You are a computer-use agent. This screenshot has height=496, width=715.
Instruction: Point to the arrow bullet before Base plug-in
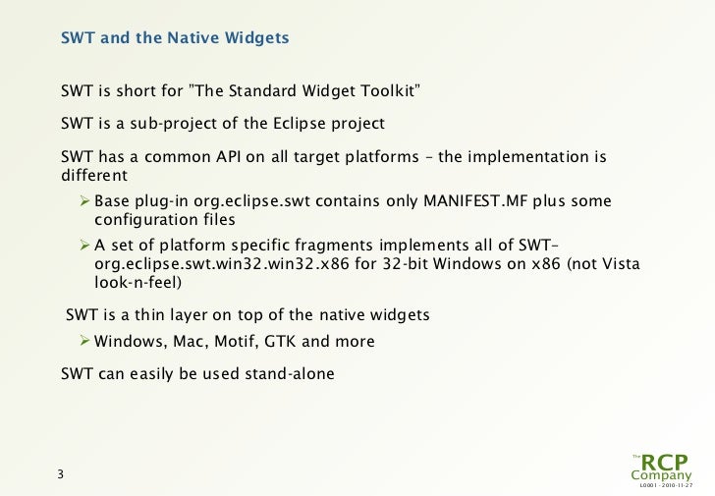point(85,201)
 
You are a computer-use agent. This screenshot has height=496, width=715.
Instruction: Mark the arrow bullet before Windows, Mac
point(85,342)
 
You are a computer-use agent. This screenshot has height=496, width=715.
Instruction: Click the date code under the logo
point(665,486)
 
